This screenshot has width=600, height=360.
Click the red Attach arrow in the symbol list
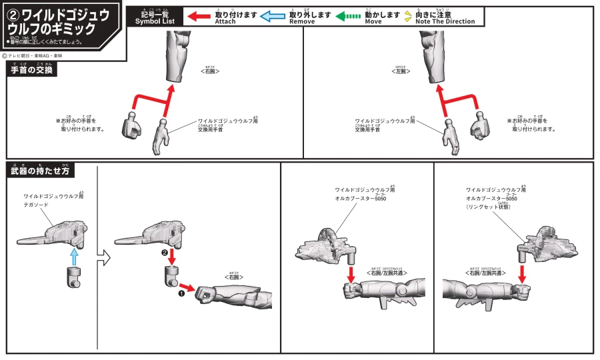(199, 16)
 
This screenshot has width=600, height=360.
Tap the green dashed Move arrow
(347, 16)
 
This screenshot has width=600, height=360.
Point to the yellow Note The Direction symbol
(408, 16)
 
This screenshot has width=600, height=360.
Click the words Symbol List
(155, 21)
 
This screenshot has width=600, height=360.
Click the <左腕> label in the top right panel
(401, 70)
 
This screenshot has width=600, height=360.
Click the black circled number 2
(165, 253)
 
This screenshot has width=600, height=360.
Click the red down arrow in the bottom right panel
(522, 271)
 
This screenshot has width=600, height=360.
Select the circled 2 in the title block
(14, 15)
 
